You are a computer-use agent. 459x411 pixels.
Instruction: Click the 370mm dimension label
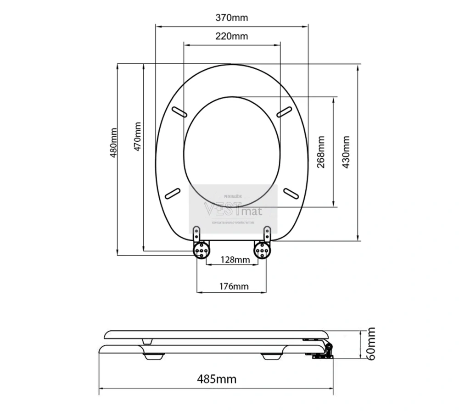coord(231,18)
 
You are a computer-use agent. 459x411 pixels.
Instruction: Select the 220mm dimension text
coord(231,36)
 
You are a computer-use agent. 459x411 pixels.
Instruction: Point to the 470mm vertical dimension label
coord(137,137)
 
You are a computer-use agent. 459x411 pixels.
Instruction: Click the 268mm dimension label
coord(321,152)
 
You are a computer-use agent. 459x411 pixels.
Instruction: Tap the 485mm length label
coord(217,379)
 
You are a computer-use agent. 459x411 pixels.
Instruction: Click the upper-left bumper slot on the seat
coord(179,111)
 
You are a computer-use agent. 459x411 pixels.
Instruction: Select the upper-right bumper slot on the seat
coord(284,111)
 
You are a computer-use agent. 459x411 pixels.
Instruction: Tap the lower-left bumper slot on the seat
coord(172,193)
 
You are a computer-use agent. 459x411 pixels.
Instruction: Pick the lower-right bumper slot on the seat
coord(291,193)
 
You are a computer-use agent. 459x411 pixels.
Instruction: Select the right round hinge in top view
coord(262,250)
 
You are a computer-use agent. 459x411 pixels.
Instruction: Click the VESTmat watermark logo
coord(233,210)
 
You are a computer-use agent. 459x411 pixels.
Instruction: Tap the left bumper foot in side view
coord(154,356)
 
